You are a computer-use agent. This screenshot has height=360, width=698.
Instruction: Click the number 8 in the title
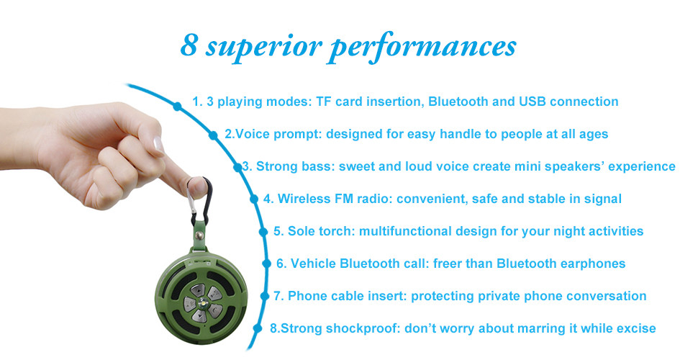pyautogui.click(x=189, y=45)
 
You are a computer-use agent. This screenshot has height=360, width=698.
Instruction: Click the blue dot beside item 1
pyautogui.click(x=178, y=106)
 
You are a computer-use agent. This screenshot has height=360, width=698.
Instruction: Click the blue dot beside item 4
pyautogui.click(x=254, y=199)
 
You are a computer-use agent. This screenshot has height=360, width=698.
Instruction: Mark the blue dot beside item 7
pyautogui.click(x=266, y=296)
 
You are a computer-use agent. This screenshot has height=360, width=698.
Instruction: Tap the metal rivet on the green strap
pyautogui.click(x=199, y=234)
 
